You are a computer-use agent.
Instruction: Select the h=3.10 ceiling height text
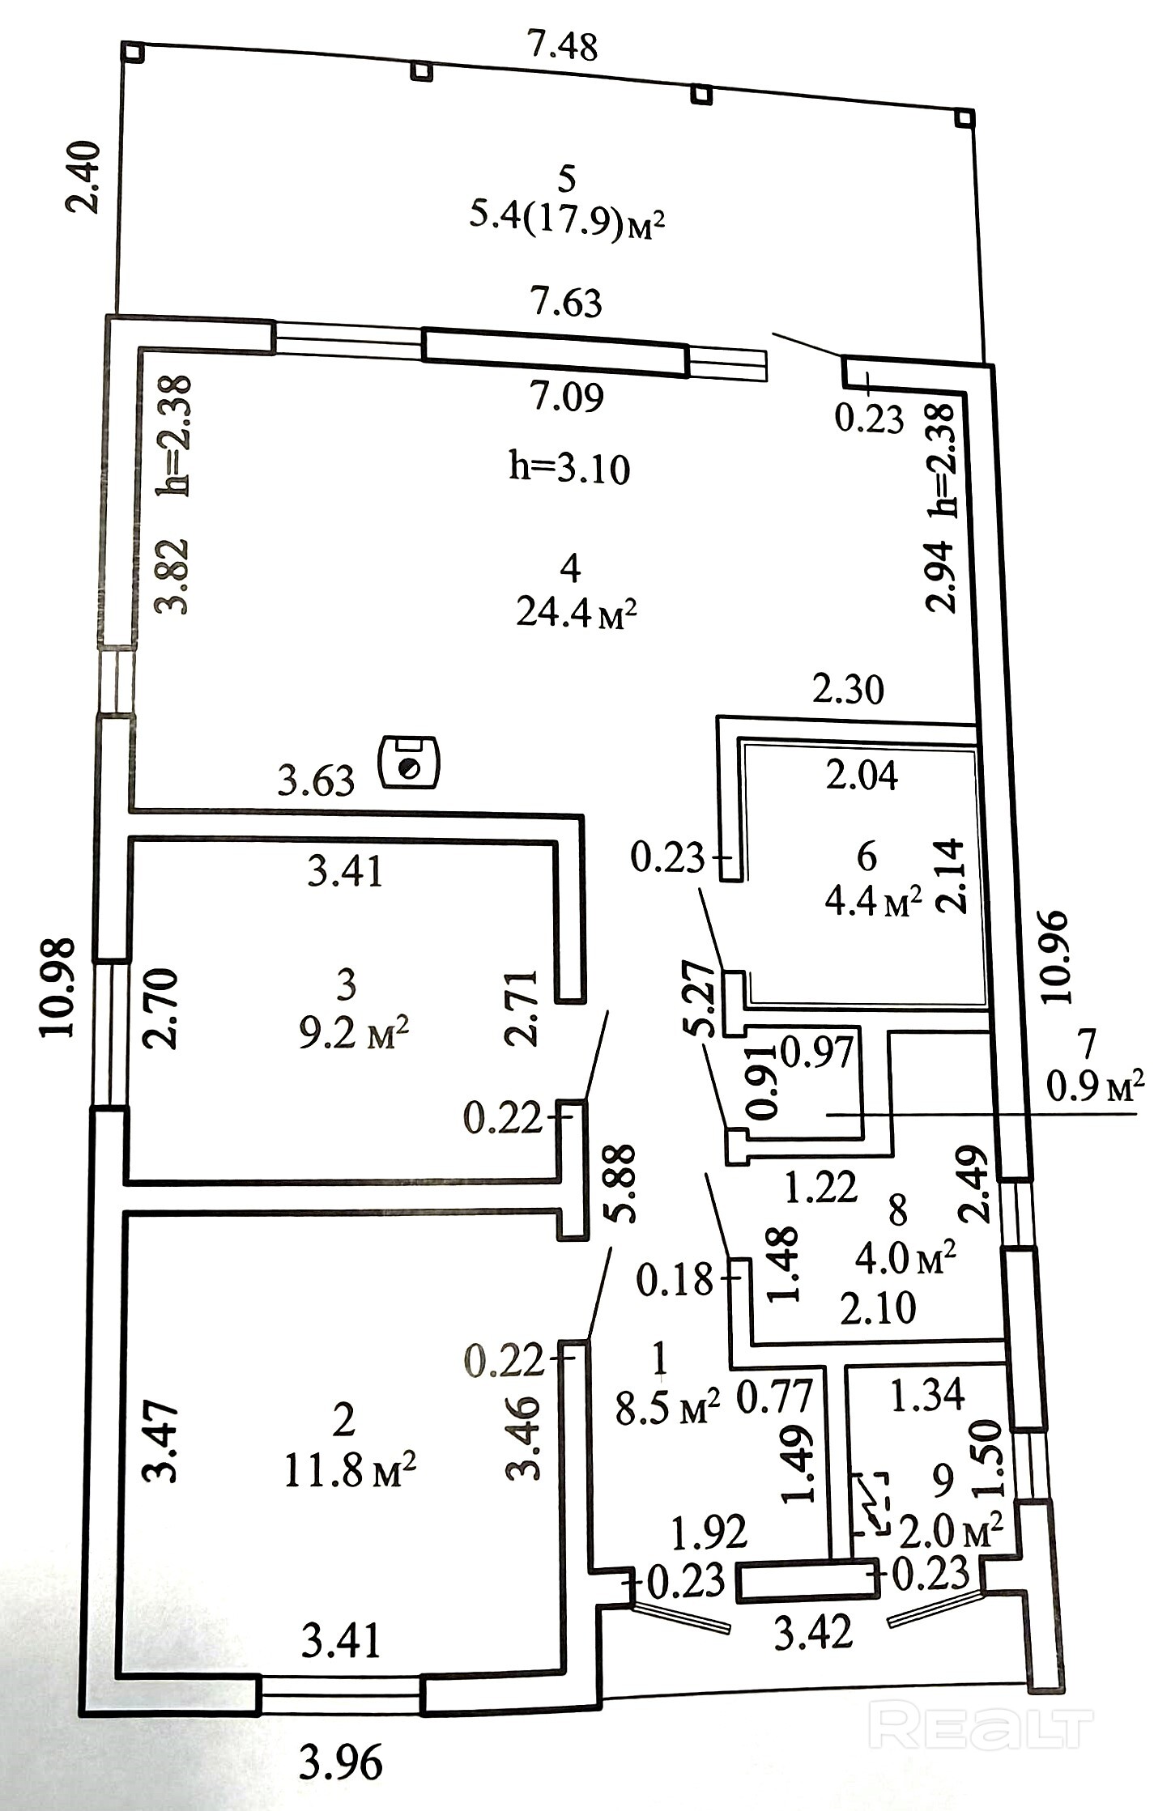569,469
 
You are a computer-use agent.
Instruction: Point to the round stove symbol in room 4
410,762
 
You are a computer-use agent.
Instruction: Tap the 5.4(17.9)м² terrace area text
568,219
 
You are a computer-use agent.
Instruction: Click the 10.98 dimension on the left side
58,987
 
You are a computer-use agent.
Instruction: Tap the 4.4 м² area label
874,900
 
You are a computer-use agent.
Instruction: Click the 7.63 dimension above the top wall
567,303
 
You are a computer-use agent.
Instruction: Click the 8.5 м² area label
667,1409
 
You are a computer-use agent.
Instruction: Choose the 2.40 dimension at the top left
84,176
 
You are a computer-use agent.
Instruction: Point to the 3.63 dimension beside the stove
316,781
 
